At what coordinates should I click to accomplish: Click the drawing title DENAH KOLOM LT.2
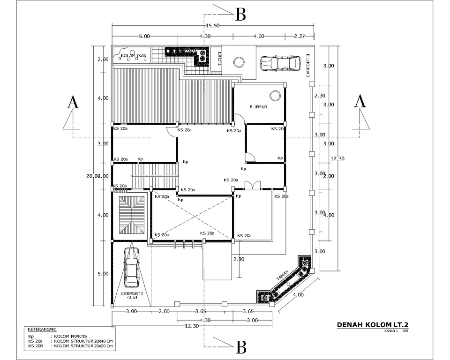pos(370,324)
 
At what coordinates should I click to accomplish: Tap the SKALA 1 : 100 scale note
pos(396,331)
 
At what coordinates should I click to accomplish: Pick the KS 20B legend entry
pos(35,346)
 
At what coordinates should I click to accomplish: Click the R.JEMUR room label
pos(258,107)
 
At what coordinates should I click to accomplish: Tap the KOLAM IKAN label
pos(133,56)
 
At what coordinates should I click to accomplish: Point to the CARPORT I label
pos(132,293)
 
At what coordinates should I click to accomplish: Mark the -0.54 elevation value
pos(132,298)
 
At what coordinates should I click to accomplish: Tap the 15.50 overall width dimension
pos(213,25)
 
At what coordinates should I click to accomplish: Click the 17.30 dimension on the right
pos(337,158)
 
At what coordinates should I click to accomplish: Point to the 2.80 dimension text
pos(239,259)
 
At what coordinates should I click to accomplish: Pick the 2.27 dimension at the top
pos(300,36)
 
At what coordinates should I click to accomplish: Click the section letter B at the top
pos(240,15)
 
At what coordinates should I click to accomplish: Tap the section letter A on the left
pos(73,102)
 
